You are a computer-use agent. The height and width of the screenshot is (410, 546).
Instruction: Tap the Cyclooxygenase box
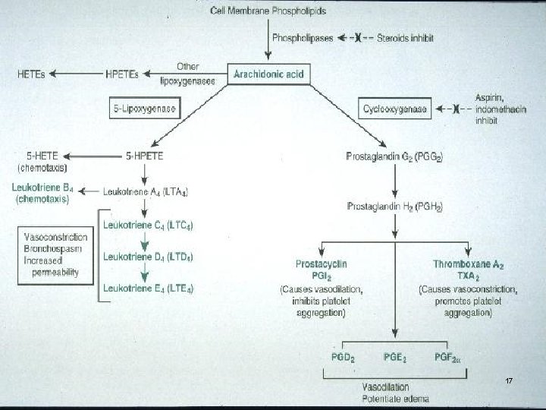(x=395, y=109)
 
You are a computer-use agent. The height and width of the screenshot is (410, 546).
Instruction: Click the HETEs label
(x=30, y=74)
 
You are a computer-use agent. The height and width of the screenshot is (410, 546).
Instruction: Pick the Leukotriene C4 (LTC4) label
(x=148, y=226)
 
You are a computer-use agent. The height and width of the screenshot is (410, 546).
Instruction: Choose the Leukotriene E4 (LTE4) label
(x=148, y=289)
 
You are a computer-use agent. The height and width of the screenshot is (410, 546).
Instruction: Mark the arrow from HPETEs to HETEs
(x=80, y=74)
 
